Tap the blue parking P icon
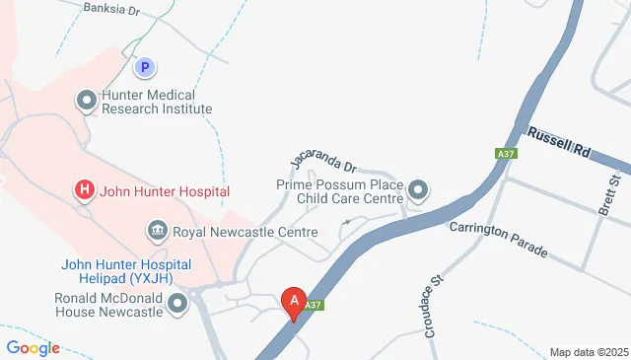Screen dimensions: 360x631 click(145, 68)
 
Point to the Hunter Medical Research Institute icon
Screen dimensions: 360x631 click(87, 99)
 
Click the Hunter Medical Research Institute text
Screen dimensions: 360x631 click(156, 100)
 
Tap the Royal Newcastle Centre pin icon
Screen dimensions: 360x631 click(157, 233)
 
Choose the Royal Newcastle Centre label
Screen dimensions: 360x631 click(245, 233)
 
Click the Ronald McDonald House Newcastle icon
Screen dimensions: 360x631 click(177, 303)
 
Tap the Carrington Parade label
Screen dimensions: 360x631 click(498, 240)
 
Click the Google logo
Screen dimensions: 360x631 click(33, 347)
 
